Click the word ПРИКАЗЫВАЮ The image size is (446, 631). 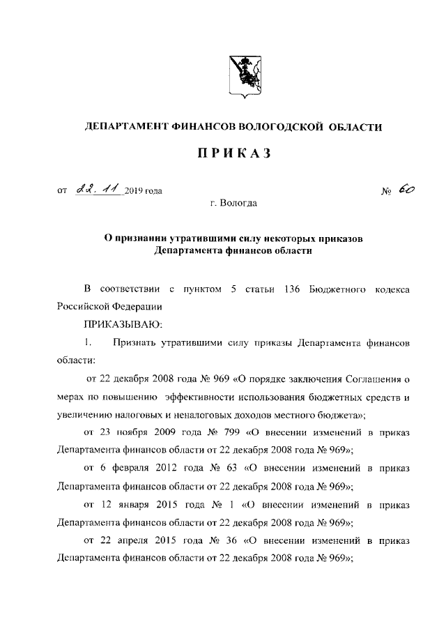click(123, 324)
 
